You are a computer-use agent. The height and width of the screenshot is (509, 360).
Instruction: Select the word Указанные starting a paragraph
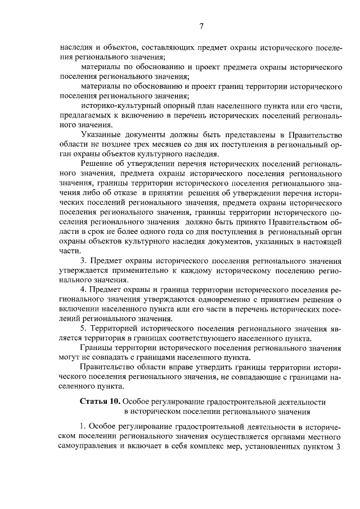[x=103, y=135]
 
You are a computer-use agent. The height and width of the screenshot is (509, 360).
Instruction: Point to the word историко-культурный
[x=116, y=105]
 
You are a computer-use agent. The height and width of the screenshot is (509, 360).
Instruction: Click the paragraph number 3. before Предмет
[x=84, y=262]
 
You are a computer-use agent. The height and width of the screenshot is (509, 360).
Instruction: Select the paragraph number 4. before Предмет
[x=84, y=289]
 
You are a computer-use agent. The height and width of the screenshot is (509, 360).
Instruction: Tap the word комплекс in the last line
[x=213, y=448]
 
